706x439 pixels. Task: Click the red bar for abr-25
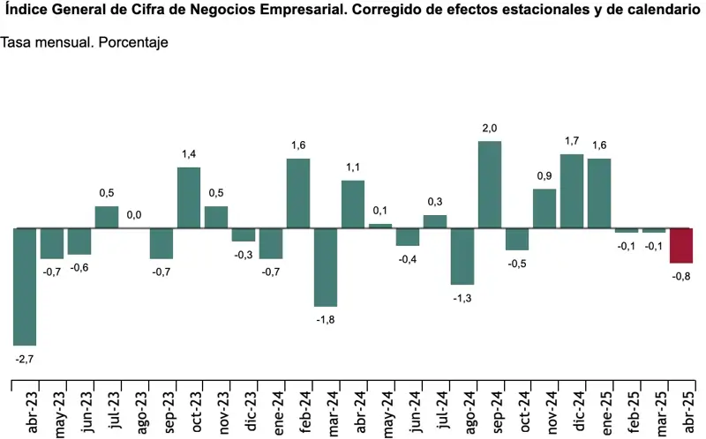tap(681, 245)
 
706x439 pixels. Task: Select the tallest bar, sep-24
tap(490, 184)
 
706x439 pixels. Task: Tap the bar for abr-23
tap(25, 286)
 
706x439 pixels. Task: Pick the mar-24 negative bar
tap(326, 267)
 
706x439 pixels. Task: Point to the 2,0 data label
tap(490, 130)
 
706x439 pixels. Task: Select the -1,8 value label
tap(326, 318)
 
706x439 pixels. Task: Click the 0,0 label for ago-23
tap(134, 214)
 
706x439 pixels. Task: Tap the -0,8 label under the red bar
tap(681, 275)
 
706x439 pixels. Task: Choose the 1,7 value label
tap(572, 141)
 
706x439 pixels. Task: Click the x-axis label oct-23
tap(189, 409)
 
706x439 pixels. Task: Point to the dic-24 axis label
tap(572, 409)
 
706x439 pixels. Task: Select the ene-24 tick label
tap(271, 409)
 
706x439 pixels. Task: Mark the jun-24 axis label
tap(408, 409)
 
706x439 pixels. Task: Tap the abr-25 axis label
tap(681, 409)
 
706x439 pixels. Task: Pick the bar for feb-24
tap(298, 193)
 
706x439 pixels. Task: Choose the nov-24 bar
tap(545, 208)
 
